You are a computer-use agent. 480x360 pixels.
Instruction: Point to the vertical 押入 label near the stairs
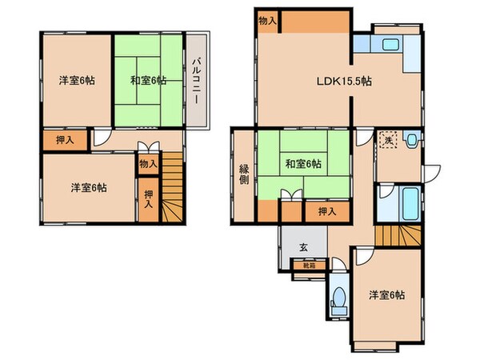[149, 198]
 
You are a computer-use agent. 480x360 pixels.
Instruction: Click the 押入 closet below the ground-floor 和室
[322, 211]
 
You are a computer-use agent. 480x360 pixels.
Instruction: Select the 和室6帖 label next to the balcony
[148, 79]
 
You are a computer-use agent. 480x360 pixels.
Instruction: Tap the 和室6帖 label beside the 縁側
[303, 164]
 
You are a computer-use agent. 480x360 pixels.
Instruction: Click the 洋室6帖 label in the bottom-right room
[386, 295]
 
